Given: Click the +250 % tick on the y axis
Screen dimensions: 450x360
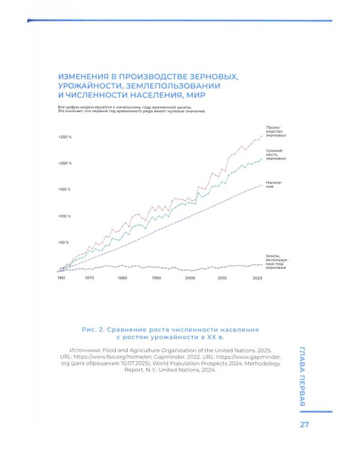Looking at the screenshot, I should coord(65,137).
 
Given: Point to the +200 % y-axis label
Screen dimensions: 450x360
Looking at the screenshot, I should coord(65,163).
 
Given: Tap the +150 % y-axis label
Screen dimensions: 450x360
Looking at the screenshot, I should coord(65,189).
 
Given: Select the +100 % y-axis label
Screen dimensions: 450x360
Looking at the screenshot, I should coord(65,215).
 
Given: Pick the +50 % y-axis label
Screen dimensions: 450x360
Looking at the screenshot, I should coord(64,242).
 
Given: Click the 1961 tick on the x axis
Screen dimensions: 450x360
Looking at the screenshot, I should coord(61,278).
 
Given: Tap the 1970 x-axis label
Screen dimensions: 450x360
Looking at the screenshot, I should coord(89,278).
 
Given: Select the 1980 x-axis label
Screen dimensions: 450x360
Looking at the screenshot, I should coord(122,278).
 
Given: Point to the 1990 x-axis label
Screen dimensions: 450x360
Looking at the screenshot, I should coord(157,278).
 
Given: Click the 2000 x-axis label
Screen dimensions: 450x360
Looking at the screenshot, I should coord(190,278).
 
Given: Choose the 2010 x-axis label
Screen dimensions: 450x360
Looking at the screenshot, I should coord(222,278).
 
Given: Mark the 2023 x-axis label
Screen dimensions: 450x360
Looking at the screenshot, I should coord(257,278).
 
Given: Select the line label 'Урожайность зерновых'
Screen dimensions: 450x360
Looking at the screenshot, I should coord(275,154).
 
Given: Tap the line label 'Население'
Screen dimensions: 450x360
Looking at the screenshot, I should coord(274,184).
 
